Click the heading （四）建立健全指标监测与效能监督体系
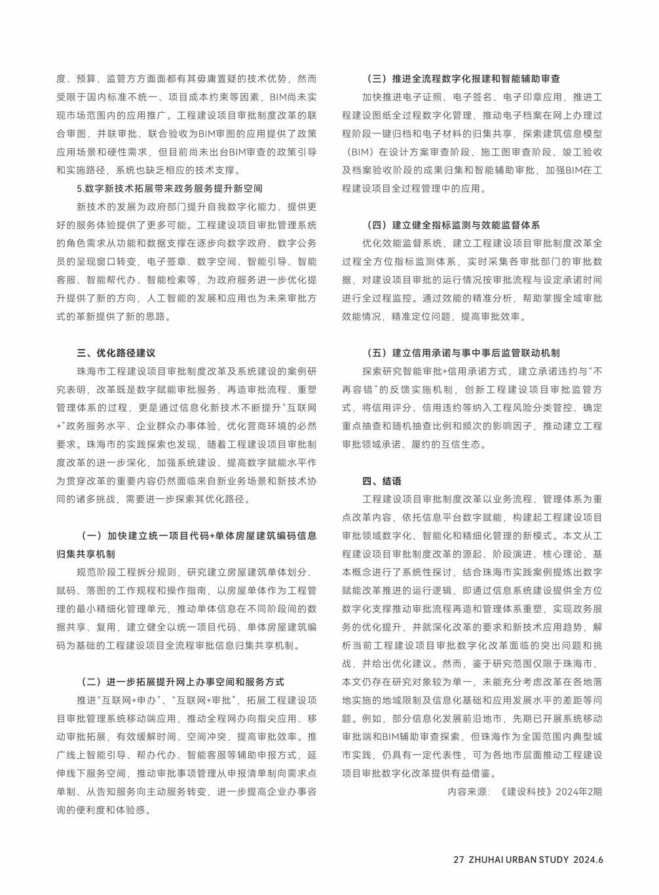click(x=452, y=225)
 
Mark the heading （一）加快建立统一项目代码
click(x=197, y=535)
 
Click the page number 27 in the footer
click(x=459, y=860)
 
